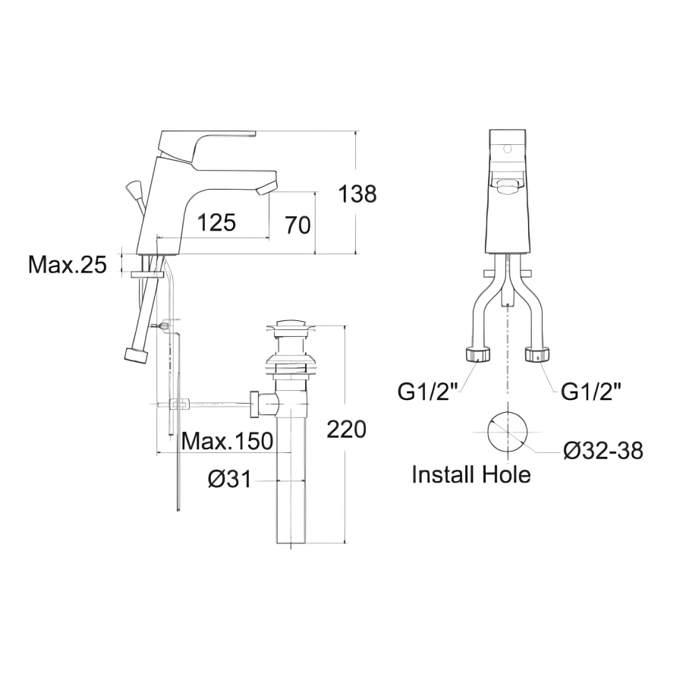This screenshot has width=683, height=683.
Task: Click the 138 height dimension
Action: pos(357,194)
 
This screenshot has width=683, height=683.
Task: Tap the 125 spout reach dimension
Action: pos(216,222)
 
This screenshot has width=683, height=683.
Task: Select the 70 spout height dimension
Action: pos(298,225)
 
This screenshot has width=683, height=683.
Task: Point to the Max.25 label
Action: pos(67,264)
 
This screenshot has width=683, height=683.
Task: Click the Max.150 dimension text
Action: pos(228,441)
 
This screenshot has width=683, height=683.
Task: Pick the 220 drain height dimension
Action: pos(346,430)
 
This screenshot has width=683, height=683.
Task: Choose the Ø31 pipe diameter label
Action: pos(229,480)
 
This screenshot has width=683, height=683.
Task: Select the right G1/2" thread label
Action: pos(590,392)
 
